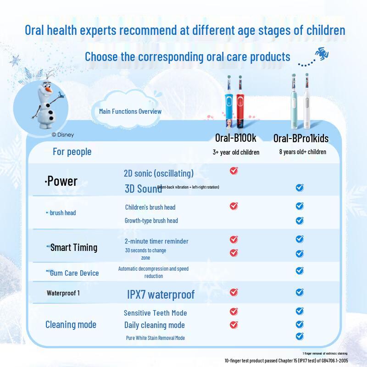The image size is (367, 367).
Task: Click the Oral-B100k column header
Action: [236, 138]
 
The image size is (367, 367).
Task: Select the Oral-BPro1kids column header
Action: [301, 138]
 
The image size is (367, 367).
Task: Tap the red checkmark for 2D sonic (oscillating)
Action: [234, 171]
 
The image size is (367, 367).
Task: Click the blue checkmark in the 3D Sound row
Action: [300, 187]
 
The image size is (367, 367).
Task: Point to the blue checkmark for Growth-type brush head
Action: [300, 220]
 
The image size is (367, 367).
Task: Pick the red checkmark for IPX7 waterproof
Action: [234, 292]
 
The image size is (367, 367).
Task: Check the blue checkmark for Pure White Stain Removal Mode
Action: [300, 336]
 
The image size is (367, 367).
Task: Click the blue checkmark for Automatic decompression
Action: [300, 271]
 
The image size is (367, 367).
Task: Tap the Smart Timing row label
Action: [73, 247]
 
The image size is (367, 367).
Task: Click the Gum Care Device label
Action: [74, 273]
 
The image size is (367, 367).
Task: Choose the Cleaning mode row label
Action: [71, 324]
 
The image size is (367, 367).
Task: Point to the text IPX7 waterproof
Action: [161, 295]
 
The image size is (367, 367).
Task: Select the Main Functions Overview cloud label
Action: [130, 111]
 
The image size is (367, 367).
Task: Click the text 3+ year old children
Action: [236, 152]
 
